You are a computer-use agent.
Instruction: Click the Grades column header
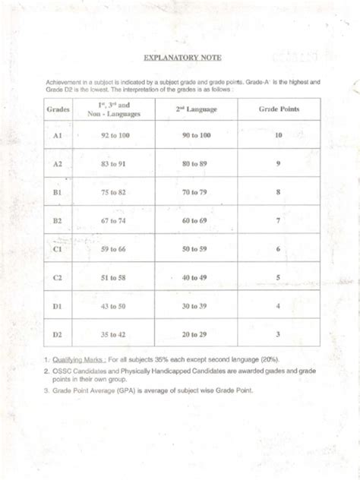[58, 109]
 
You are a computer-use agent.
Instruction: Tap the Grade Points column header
[279, 109]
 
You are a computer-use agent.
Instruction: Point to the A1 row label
[58, 134]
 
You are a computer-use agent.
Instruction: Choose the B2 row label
[58, 221]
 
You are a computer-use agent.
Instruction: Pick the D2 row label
[58, 334]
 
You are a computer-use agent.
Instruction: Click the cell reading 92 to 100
[113, 134]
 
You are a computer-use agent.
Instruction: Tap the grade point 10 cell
[279, 134]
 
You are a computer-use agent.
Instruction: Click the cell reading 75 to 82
[113, 193]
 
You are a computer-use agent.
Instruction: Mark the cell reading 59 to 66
[113, 249]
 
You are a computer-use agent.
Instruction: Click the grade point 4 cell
[279, 306]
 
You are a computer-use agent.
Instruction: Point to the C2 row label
[58, 278]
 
